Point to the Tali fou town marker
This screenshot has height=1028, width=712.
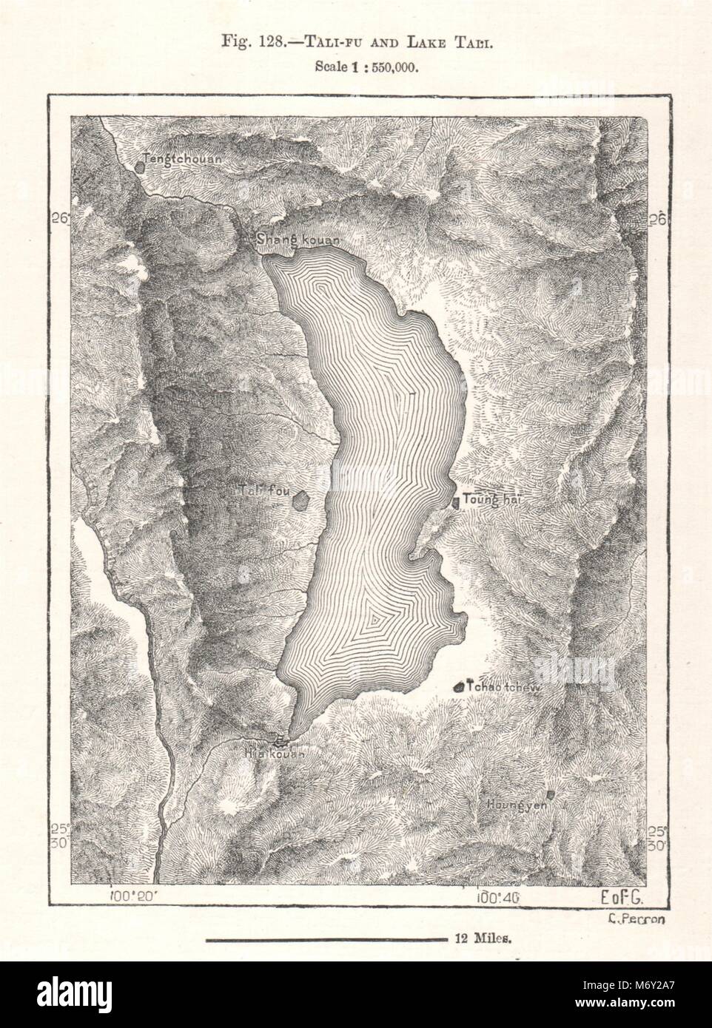[x=300, y=501]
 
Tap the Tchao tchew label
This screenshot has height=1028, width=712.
[x=504, y=687]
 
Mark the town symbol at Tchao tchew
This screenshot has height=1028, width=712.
[x=460, y=687]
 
